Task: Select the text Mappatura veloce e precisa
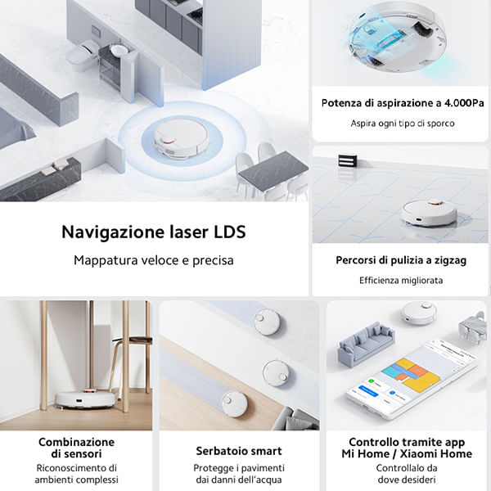pyautogui.click(x=153, y=260)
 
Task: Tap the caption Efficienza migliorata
pyautogui.click(x=401, y=280)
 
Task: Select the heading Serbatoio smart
pyautogui.click(x=239, y=451)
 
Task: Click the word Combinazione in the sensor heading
pyautogui.click(x=76, y=442)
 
